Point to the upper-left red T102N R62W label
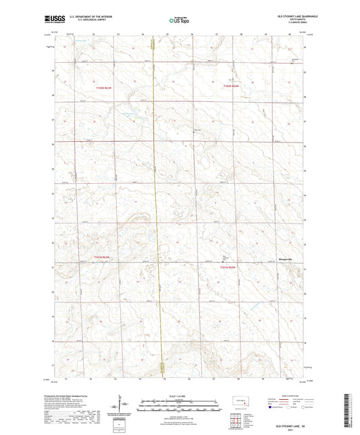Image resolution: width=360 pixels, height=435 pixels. click(x=102, y=86)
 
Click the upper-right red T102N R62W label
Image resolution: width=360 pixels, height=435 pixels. click(x=232, y=86)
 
